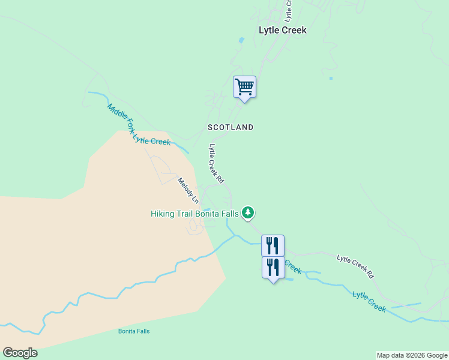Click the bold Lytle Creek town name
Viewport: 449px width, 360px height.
click(282, 30)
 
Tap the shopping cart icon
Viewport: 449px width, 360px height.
click(244, 87)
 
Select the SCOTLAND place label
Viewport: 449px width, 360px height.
click(231, 127)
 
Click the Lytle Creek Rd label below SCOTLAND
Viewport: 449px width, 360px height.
click(216, 163)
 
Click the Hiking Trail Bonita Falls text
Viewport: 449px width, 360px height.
click(194, 213)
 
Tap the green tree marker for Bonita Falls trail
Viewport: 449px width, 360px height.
click(248, 212)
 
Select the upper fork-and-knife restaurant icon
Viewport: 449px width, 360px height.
click(273, 245)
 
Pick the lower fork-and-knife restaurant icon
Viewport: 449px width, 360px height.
click(273, 266)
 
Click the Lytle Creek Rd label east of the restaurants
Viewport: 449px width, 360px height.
click(355, 267)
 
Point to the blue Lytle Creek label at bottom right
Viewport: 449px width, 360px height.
click(369, 301)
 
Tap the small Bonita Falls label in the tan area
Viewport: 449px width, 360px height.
click(134, 331)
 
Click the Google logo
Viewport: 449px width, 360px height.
click(20, 353)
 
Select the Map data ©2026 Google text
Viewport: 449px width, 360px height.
click(412, 355)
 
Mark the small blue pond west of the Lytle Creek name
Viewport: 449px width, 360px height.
click(241, 40)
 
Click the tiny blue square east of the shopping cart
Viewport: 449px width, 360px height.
click(331, 78)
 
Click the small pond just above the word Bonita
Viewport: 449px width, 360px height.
click(206, 209)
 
